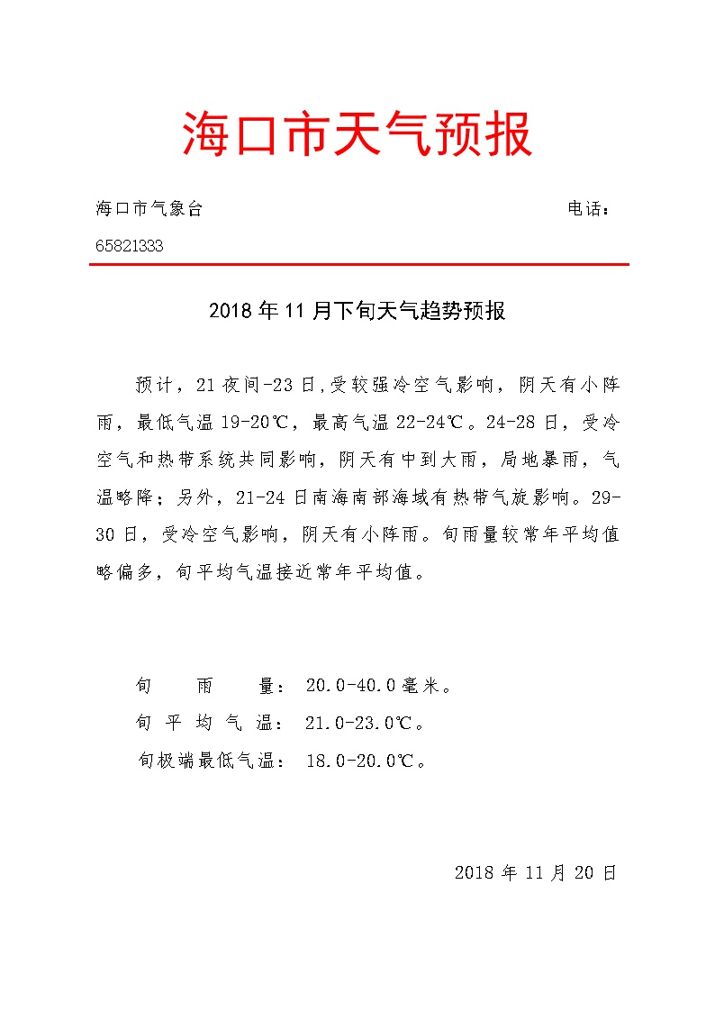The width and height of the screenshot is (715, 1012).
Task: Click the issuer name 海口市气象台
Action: click(x=149, y=209)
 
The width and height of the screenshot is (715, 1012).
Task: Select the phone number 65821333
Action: click(x=130, y=245)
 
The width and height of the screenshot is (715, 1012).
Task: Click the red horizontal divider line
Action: click(x=357, y=264)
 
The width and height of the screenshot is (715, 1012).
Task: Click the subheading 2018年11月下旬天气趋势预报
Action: click(x=357, y=312)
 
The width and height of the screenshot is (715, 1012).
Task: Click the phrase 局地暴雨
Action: click(x=536, y=460)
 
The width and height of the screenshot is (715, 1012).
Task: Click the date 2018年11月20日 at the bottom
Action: click(x=536, y=872)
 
